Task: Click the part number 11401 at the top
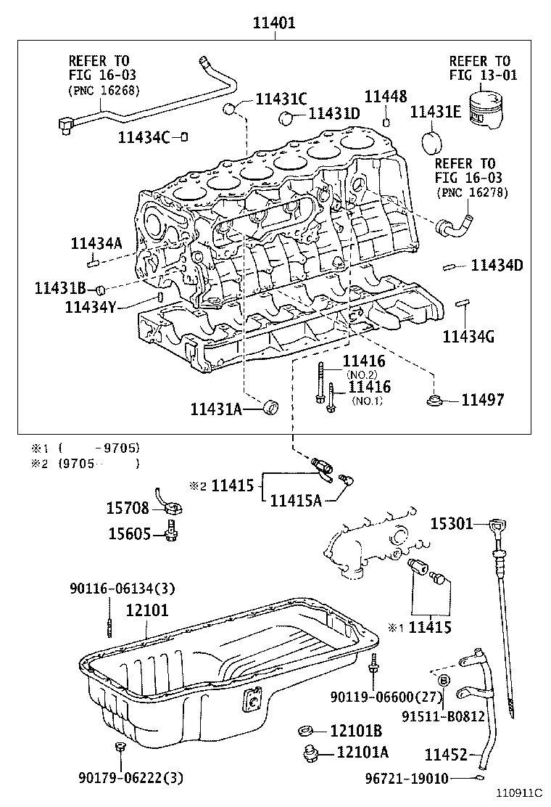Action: (273, 22)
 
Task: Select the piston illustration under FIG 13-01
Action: (486, 111)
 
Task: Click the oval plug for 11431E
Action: (431, 142)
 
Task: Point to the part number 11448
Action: (385, 97)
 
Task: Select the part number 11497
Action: (482, 400)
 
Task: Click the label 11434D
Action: (497, 266)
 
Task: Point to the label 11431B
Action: (60, 288)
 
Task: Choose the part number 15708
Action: (128, 508)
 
